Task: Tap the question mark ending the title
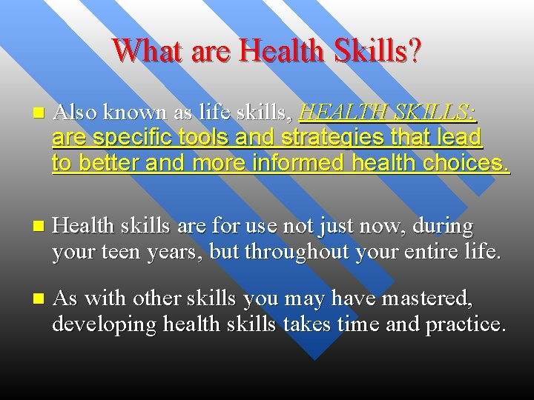pyautogui.click(x=414, y=51)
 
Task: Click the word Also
pyautogui.click(x=76, y=113)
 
